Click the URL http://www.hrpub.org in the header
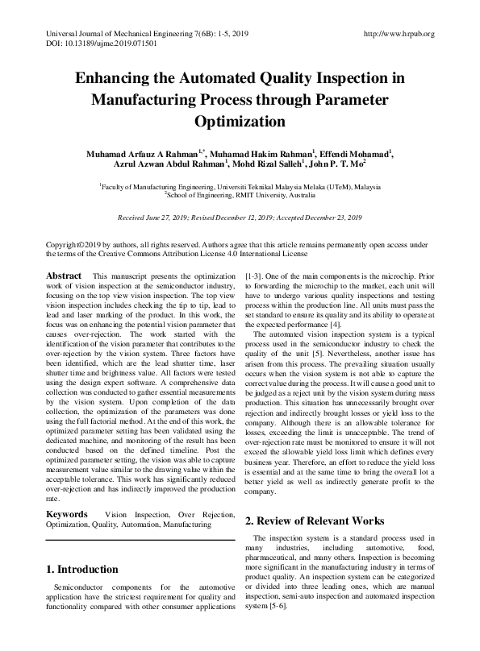(399, 34)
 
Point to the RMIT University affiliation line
(240, 194)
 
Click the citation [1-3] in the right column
(254, 276)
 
